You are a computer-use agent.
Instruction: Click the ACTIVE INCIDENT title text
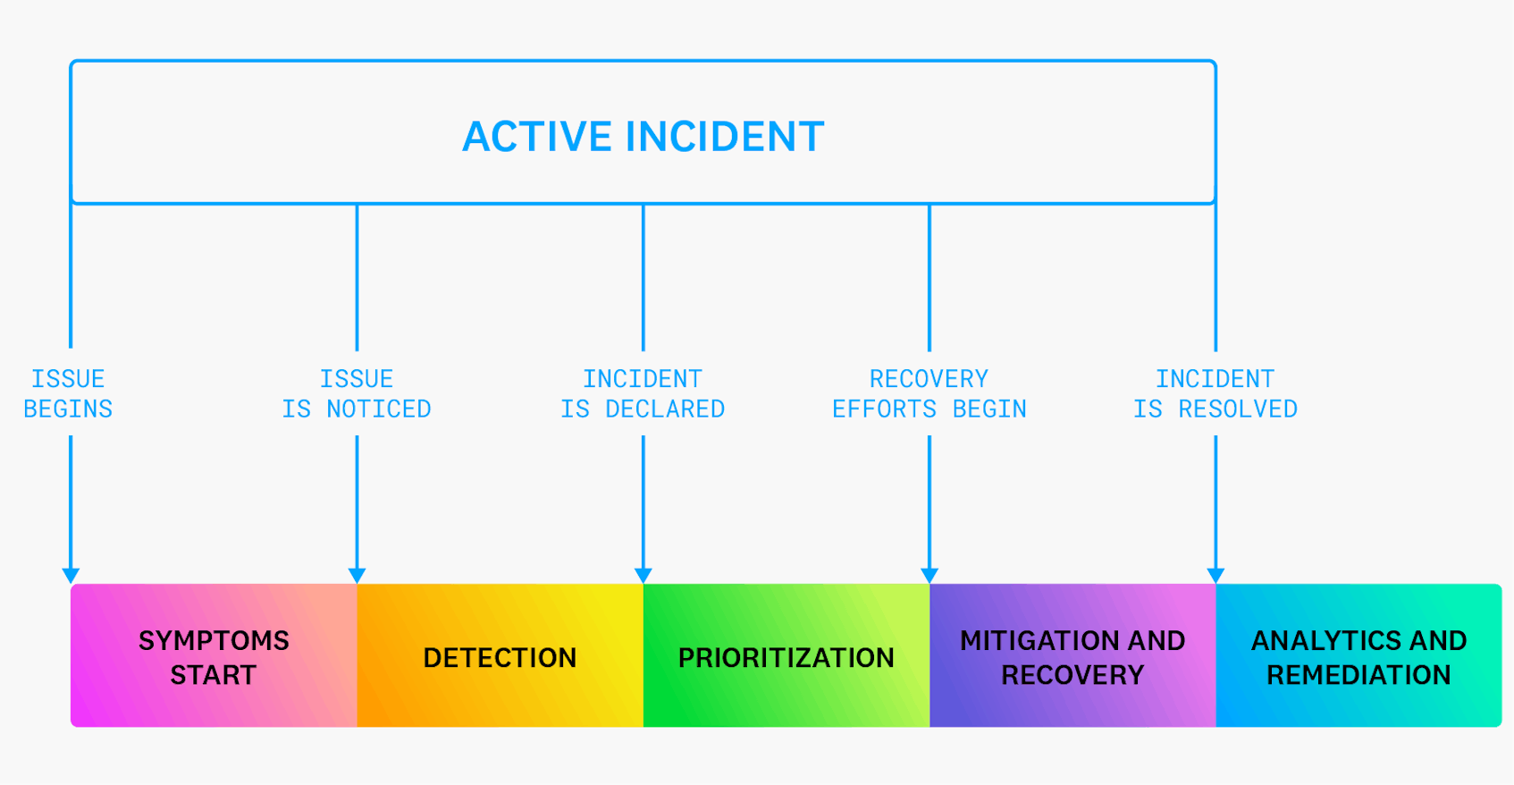tap(643, 137)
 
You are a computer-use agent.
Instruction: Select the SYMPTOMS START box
tap(214, 656)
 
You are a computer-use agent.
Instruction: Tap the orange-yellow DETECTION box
tap(500, 656)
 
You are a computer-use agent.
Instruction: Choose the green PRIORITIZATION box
tap(786, 656)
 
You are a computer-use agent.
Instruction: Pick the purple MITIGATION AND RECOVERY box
tap(1072, 656)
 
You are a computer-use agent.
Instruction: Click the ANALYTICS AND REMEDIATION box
tap(1358, 656)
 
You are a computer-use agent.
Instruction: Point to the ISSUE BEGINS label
tap(68, 393)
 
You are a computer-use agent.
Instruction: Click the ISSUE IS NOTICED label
tap(357, 393)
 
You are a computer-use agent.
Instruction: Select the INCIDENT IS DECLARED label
tap(643, 393)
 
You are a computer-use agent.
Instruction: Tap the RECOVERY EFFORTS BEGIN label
tap(929, 393)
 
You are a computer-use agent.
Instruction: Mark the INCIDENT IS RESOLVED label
tap(1215, 393)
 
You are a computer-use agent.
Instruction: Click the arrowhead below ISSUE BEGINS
tap(71, 575)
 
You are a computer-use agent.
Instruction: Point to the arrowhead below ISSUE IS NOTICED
tap(357, 575)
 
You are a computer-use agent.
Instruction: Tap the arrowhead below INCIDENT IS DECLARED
tap(643, 575)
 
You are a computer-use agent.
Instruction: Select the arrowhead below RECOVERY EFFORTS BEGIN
tap(929, 575)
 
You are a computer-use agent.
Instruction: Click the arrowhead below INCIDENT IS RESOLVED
tap(1215, 575)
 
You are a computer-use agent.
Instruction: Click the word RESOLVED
tap(1238, 409)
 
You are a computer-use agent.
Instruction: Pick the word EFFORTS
tap(884, 409)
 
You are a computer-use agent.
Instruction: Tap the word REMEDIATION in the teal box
tap(1358, 675)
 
